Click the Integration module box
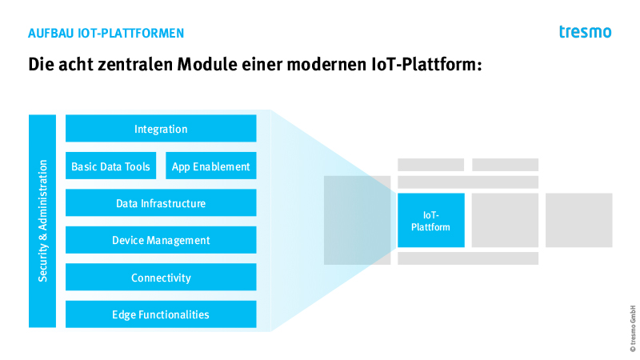[161, 128]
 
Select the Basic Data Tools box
[110, 166]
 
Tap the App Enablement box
[211, 166]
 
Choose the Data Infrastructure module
[161, 202]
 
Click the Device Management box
[161, 240]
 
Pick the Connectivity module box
[161, 277]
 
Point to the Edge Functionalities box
[161, 314]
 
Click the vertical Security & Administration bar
[42, 221]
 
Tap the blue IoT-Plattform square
[431, 221]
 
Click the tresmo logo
[586, 32]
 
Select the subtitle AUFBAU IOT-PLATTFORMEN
[106, 34]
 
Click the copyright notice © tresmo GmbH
[633, 328]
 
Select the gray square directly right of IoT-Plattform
[505, 221]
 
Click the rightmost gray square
[578, 221]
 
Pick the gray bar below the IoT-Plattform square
[468, 258]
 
